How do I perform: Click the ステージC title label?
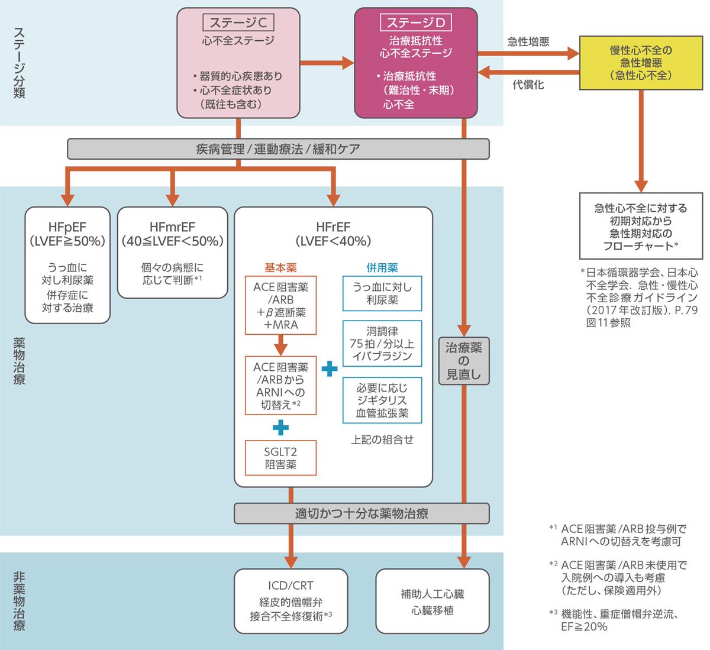tap(238, 23)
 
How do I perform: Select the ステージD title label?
tap(415, 23)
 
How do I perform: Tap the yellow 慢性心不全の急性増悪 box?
tap(641, 63)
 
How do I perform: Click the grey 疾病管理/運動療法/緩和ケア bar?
tap(278, 149)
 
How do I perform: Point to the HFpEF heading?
tap(67, 227)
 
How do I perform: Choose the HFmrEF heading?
tap(172, 227)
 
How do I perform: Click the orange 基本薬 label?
tap(280, 267)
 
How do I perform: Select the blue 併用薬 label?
tap(382, 267)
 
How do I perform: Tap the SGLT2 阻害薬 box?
tap(280, 458)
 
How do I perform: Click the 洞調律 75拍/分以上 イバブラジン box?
tap(382, 344)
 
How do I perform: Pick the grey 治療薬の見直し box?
tap(464, 361)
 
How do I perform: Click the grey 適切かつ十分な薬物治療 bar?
tap(362, 513)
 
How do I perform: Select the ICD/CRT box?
tap(291, 601)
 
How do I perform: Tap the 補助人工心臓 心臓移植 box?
tap(433, 602)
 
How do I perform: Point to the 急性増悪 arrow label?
tap(528, 41)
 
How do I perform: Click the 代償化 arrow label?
tap(528, 85)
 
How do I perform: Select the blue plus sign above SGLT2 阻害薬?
tap(280, 428)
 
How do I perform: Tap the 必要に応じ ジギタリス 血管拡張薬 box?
tap(382, 400)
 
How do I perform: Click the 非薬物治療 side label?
tap(19, 601)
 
